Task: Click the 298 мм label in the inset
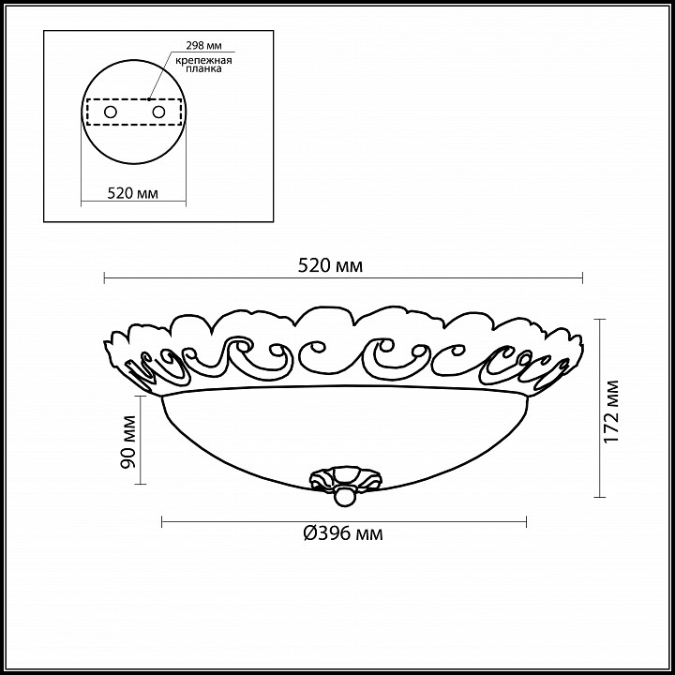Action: click(x=203, y=46)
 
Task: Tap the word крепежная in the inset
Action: click(x=203, y=60)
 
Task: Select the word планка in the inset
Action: click(x=204, y=68)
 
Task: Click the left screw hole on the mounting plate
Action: click(x=111, y=112)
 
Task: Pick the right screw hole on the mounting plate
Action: click(x=158, y=112)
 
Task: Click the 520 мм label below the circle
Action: click(x=132, y=193)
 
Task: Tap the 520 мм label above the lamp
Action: click(x=331, y=266)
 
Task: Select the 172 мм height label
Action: click(x=611, y=412)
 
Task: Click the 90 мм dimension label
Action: click(x=128, y=442)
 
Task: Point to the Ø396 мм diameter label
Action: click(x=343, y=533)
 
